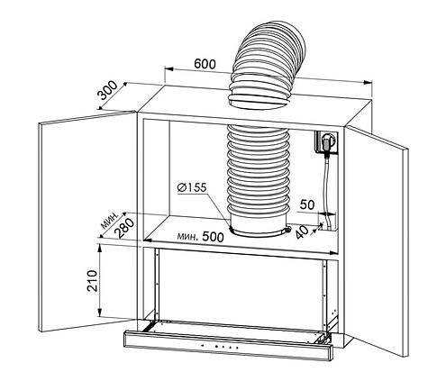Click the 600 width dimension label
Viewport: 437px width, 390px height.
(x=205, y=64)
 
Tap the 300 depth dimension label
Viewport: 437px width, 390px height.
(x=108, y=90)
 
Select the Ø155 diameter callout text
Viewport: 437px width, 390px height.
(x=192, y=187)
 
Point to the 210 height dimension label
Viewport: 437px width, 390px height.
(x=92, y=281)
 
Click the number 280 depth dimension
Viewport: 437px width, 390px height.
(x=125, y=228)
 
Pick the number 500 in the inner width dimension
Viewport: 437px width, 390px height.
(x=213, y=237)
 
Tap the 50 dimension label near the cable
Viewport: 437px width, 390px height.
(x=307, y=204)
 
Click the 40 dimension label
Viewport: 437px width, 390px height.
(x=302, y=232)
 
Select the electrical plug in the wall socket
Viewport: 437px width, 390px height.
(x=326, y=141)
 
